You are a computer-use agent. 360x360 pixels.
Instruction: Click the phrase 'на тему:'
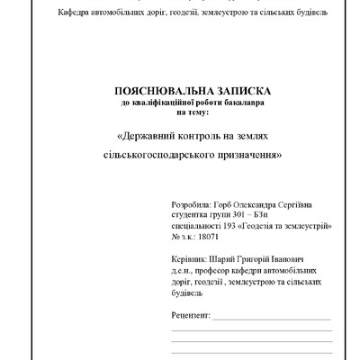tap(191, 112)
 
